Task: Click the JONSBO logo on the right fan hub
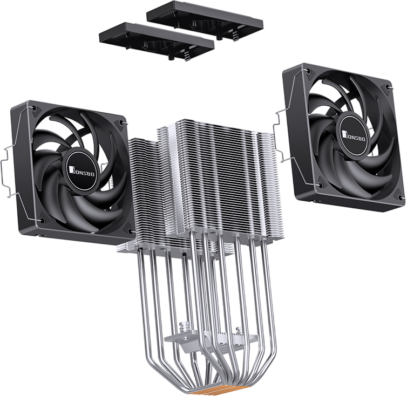pyautogui.click(x=354, y=136)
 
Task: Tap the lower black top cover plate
pyautogui.click(x=157, y=41)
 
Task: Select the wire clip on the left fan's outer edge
pyautogui.click(x=6, y=171)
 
